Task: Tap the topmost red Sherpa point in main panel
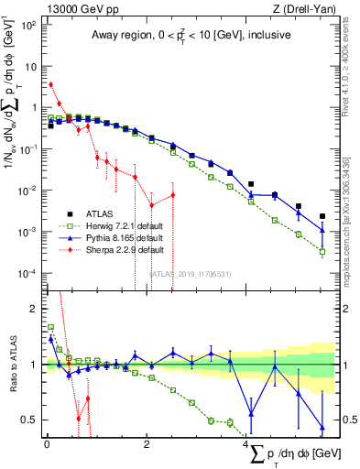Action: [x=50, y=84]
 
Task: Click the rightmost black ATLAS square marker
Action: [x=322, y=217]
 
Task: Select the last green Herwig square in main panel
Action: [x=322, y=252]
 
